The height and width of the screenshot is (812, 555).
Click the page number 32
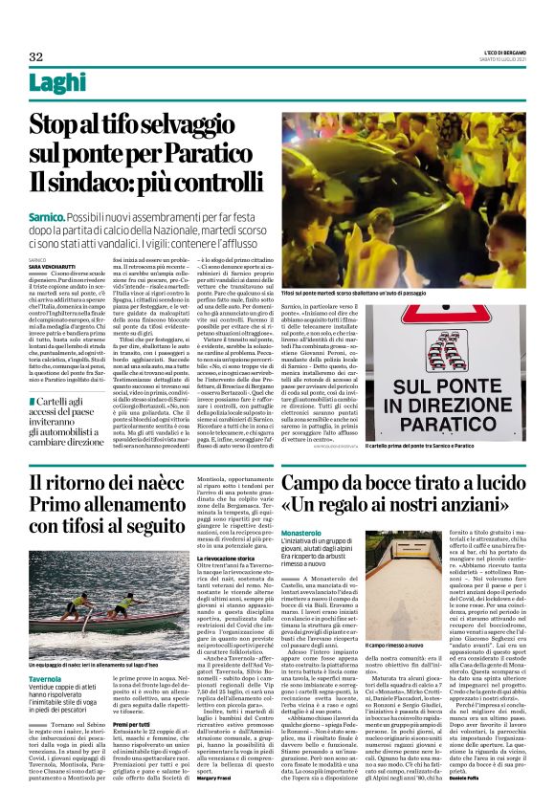coord(36,56)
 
